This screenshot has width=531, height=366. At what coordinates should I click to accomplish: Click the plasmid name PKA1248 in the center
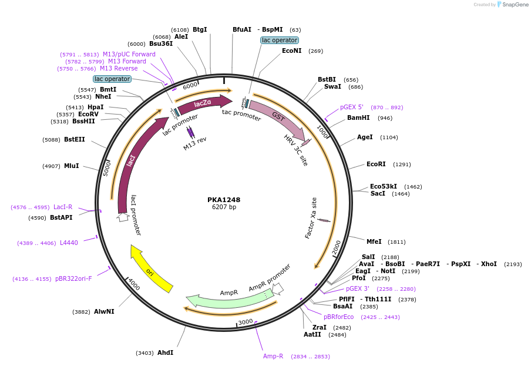click(x=224, y=200)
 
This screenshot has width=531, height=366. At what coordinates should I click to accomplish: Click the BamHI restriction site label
click(x=358, y=118)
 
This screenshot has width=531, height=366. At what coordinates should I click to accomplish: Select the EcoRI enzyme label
click(x=376, y=164)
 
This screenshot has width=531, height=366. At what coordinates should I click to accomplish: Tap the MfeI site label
click(x=374, y=241)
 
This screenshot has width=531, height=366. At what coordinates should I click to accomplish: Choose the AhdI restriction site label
click(x=165, y=353)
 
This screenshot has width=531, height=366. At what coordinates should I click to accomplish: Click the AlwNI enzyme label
click(x=104, y=312)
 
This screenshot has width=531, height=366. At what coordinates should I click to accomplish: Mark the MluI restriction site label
click(x=71, y=166)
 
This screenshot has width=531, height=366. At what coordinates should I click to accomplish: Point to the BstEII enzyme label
click(x=74, y=140)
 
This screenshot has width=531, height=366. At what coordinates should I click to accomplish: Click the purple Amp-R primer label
click(x=273, y=357)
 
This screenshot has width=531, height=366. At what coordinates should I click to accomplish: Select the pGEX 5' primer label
click(x=352, y=108)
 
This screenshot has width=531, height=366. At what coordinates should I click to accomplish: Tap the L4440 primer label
click(x=69, y=243)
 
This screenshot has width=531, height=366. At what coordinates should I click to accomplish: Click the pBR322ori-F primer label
click(x=73, y=279)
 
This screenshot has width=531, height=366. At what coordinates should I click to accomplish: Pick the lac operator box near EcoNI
click(x=280, y=41)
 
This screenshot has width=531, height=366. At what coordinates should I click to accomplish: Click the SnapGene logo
click(x=512, y=5)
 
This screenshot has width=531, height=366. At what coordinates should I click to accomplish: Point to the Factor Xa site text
click(x=311, y=218)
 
